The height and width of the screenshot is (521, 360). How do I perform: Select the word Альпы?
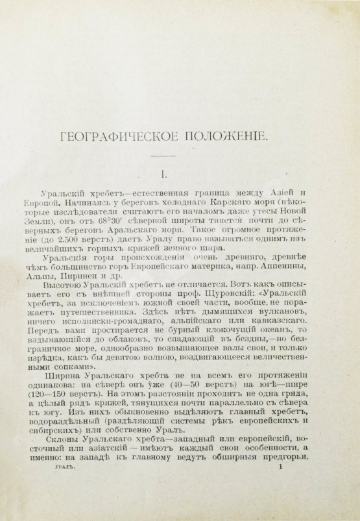(x=54, y=280)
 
